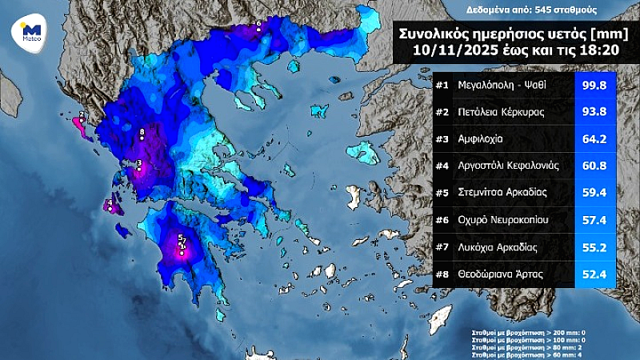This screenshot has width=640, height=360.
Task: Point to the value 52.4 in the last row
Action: point(599,274)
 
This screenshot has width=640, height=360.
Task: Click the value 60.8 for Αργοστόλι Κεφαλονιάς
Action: point(599,166)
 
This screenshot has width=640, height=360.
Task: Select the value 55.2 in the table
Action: point(599,246)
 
